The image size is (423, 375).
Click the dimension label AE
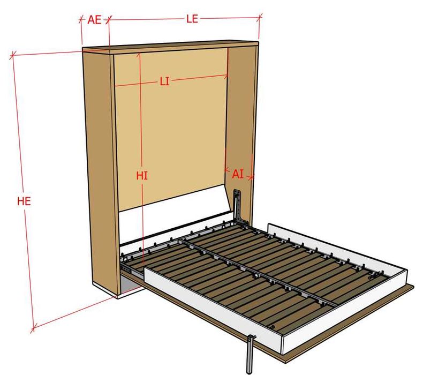click(x=95, y=20)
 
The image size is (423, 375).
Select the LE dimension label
click(x=192, y=19)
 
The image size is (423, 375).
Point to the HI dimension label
click(x=142, y=175)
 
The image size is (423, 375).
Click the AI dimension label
click(x=238, y=174)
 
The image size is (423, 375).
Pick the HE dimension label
click(x=24, y=201)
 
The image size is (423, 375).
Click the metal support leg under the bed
click(x=250, y=353)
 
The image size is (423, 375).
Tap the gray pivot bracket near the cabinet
click(x=238, y=206)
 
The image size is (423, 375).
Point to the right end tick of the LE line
click(x=261, y=18)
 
